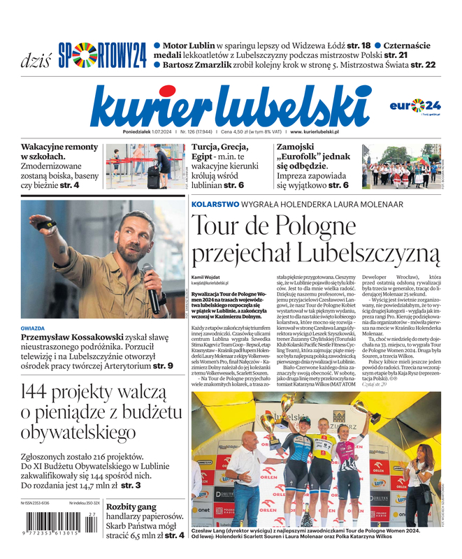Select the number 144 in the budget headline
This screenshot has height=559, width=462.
[45, 393]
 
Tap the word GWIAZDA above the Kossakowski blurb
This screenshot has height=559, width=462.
[33, 328]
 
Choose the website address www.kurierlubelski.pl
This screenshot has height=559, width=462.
[315, 131]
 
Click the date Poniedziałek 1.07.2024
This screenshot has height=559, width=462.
[150, 131]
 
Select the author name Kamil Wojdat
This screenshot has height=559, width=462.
[208, 277]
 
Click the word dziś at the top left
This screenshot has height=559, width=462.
[36, 59]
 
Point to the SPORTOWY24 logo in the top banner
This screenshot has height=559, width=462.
[102, 55]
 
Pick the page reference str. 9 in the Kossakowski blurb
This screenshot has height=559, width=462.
[161, 365]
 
